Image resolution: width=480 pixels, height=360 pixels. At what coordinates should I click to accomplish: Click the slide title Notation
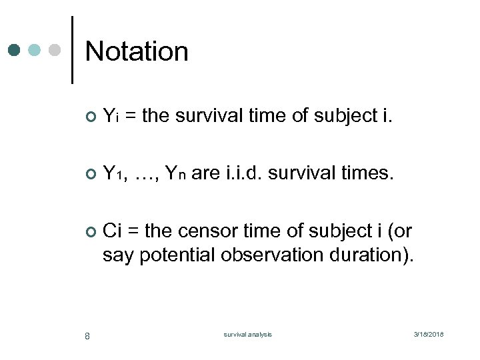pyautogui.click(x=137, y=51)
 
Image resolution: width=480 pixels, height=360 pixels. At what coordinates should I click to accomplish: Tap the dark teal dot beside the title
pyautogui.click(x=15, y=51)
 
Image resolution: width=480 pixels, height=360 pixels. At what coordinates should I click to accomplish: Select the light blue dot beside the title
pyautogui.click(x=34, y=51)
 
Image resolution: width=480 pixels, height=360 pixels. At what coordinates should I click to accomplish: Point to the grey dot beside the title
pyautogui.click(x=55, y=51)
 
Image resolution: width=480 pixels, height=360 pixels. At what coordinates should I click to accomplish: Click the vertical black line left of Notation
pyautogui.click(x=72, y=50)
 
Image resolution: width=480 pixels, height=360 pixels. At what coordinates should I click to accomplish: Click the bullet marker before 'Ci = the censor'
pyautogui.click(x=91, y=232)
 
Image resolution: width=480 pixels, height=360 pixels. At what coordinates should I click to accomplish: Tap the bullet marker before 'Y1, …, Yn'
pyautogui.click(x=91, y=175)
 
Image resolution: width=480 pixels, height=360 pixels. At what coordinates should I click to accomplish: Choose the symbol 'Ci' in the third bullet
pyautogui.click(x=112, y=231)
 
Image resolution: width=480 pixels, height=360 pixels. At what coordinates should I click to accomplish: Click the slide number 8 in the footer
pyautogui.click(x=87, y=335)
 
